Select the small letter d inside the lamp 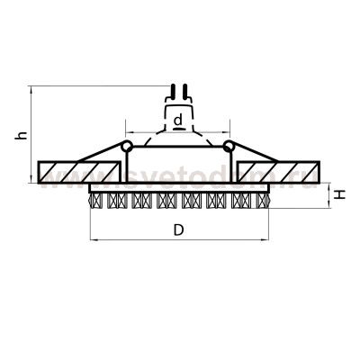pos(179,119)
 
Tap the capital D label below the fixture pos(178,230)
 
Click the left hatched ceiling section pos(80,170)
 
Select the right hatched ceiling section pos(277,170)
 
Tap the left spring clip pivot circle pos(127,145)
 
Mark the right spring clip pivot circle pos(230,145)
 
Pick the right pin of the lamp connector pos(185,91)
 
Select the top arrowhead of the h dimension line pos(32,90)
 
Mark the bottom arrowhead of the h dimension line pos(32,177)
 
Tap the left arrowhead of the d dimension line pos(128,128)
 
